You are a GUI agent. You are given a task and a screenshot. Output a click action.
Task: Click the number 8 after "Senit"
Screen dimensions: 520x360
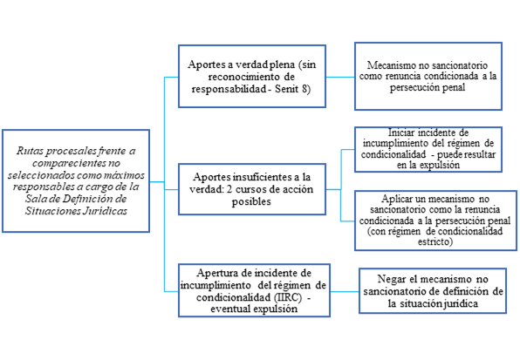coord(304,89)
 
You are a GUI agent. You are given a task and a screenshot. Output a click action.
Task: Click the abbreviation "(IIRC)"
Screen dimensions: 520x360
coord(288,297)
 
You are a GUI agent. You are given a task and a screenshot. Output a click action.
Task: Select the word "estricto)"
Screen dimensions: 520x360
coord(435,241)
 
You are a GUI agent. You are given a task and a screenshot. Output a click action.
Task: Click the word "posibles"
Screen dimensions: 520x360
coord(251,201)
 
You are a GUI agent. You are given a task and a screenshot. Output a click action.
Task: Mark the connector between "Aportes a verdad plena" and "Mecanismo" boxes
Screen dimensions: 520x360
coord(340,78)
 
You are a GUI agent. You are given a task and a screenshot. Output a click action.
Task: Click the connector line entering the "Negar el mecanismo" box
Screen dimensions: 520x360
coord(345,292)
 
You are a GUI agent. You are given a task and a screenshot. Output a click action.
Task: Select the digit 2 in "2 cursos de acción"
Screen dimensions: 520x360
coord(229,189)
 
